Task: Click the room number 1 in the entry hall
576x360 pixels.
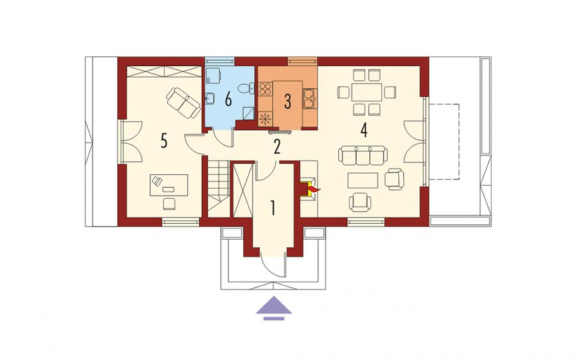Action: (x=273, y=208)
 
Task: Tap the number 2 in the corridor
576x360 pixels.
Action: (x=277, y=147)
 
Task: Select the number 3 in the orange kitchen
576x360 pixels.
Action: (x=287, y=102)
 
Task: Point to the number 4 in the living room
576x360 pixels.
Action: (x=363, y=131)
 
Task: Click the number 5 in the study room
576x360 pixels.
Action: (x=164, y=141)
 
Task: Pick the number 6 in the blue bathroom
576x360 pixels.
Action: (x=228, y=99)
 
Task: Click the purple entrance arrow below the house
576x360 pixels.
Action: (x=274, y=308)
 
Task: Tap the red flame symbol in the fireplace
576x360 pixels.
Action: (x=313, y=190)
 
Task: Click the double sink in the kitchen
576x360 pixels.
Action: (x=309, y=99)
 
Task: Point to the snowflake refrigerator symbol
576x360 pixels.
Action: (x=265, y=119)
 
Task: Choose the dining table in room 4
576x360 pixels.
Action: (x=366, y=92)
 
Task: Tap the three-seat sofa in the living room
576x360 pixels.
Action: (x=363, y=155)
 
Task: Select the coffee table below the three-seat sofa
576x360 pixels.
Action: (x=363, y=181)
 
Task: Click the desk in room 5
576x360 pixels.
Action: (x=169, y=185)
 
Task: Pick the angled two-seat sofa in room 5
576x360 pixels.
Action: (x=183, y=103)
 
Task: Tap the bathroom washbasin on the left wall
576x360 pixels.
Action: (x=210, y=98)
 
